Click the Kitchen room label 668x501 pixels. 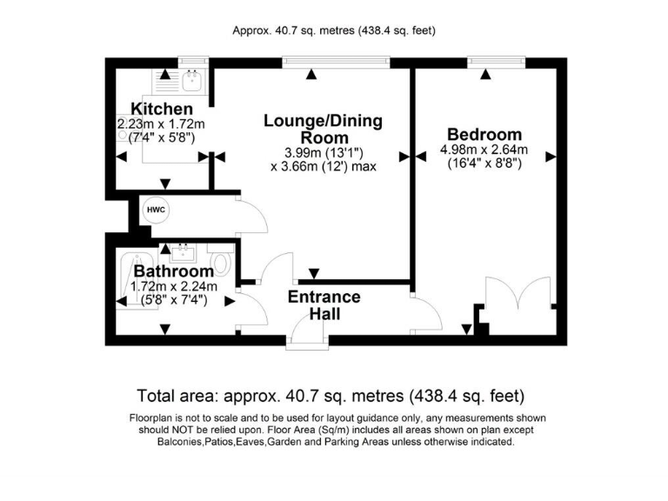[162, 109]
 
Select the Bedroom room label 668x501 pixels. [484, 134]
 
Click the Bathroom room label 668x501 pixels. [173, 271]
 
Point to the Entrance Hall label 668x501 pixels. [324, 304]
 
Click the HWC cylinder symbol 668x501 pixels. [156, 210]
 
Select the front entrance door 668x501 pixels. [309, 331]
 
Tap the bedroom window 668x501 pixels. [497, 62]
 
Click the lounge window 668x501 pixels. [336, 62]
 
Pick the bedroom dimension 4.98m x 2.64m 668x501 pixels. [484, 150]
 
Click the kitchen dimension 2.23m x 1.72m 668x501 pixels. [161, 124]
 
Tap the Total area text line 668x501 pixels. [331, 396]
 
